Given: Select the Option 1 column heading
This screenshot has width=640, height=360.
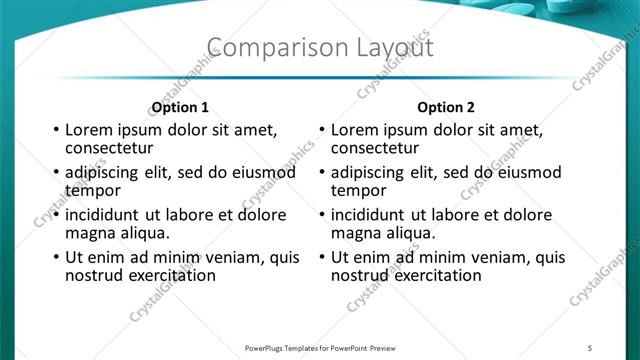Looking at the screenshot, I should click(180, 107).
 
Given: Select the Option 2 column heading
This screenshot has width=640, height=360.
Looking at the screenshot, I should click(446, 107).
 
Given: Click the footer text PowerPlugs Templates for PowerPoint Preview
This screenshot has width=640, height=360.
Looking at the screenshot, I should click(320, 347).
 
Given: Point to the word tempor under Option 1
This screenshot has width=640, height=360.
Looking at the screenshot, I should click(93, 190).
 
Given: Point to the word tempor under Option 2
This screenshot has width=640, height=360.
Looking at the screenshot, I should click(359, 190).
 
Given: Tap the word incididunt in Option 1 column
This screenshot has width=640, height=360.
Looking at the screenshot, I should click(105, 215).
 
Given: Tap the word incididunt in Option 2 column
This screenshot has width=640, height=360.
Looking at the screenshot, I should click(371, 215).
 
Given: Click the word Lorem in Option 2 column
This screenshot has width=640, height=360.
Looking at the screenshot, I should click(354, 130).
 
